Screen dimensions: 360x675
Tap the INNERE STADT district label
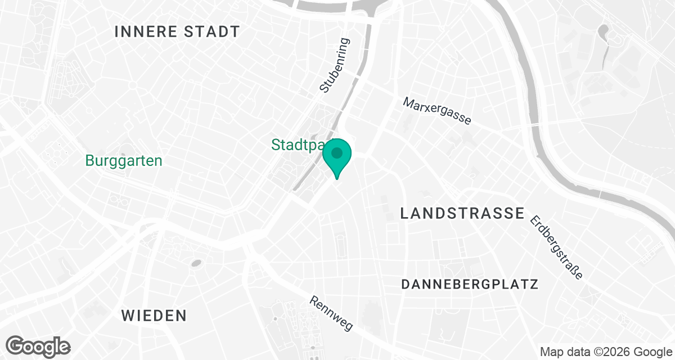(177, 31)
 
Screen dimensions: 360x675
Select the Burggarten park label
(124, 161)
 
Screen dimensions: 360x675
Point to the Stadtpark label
(298, 145)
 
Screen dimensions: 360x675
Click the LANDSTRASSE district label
(462, 213)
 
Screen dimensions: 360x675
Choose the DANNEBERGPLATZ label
(470, 284)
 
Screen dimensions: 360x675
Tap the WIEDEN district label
(154, 316)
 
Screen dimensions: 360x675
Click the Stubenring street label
(334, 65)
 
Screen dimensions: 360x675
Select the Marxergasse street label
(437, 111)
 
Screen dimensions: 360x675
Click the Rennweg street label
(331, 313)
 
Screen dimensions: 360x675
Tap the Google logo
(38, 345)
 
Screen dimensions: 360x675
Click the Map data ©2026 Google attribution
(605, 352)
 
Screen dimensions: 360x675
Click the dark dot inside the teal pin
(337, 152)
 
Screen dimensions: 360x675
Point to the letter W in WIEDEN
(128, 316)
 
